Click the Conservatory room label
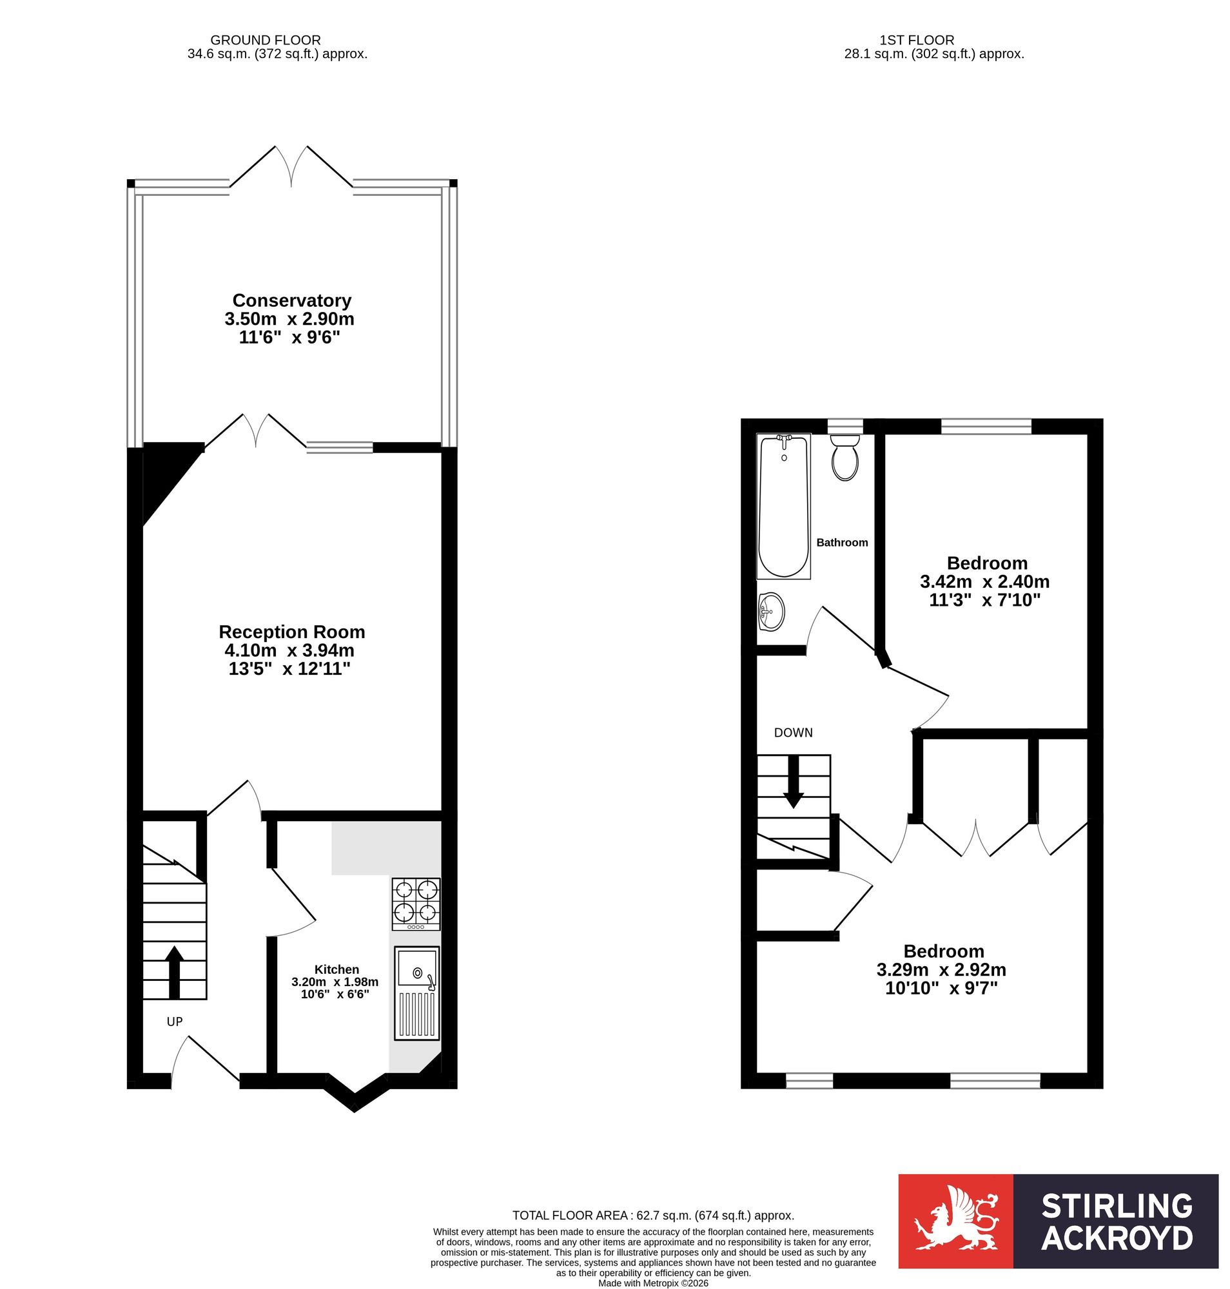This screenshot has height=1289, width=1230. click(292, 300)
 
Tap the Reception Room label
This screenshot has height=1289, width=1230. click(292, 632)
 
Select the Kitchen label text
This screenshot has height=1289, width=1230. click(337, 969)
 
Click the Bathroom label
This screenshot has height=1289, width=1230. click(842, 542)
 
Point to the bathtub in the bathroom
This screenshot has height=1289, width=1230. click(783, 505)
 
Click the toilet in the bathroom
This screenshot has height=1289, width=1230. click(844, 458)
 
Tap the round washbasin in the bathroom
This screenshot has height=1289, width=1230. click(771, 612)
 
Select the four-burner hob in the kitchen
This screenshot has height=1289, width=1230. click(416, 904)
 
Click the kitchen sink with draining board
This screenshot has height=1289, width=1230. click(416, 993)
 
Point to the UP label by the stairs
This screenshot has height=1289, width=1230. click(175, 1022)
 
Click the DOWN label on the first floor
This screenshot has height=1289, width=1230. click(794, 733)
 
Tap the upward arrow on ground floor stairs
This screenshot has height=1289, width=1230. click(174, 973)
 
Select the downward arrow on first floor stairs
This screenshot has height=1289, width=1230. click(794, 782)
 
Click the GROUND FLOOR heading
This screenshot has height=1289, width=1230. click(266, 40)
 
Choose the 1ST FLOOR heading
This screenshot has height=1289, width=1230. click(917, 40)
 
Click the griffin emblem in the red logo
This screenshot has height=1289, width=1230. click(956, 1221)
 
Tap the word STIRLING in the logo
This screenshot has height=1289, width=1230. click(1117, 1207)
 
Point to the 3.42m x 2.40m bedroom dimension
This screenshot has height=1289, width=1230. click(985, 581)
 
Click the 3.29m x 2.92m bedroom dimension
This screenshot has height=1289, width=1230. click(941, 970)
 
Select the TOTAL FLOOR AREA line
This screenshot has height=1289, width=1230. click(653, 1216)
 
